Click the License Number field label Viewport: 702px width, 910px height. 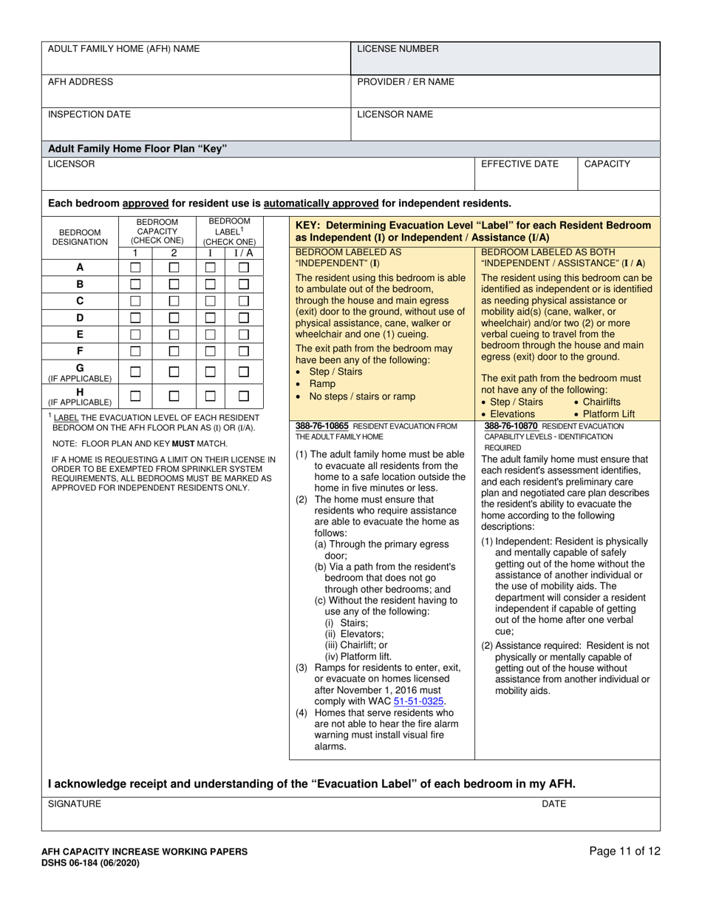pos(398,49)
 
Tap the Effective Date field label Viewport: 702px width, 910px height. pos(519,164)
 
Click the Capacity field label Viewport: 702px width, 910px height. pos(607,164)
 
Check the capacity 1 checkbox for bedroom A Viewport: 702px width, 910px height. pos(135,267)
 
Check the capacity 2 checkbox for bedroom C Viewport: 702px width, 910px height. pos(174,301)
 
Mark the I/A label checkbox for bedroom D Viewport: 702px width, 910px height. pos(244,318)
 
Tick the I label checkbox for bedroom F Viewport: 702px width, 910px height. pos(210,351)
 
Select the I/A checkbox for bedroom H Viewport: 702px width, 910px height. pos(244,396)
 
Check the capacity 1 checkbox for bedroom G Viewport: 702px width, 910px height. pos(135,372)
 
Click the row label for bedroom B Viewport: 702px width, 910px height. pos(80,284)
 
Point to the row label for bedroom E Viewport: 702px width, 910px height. pos(80,334)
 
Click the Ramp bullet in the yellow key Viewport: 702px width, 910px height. pos(322,384)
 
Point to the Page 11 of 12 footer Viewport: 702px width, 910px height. pos(624,851)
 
